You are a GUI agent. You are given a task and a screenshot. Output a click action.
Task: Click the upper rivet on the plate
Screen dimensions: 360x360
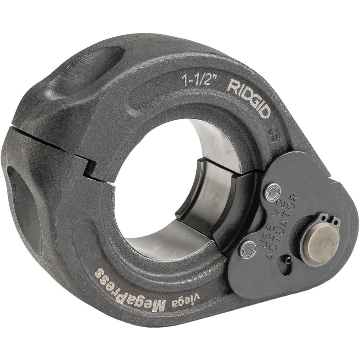(273, 192)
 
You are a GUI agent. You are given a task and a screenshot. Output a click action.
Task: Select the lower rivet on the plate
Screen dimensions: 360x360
(248, 249)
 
